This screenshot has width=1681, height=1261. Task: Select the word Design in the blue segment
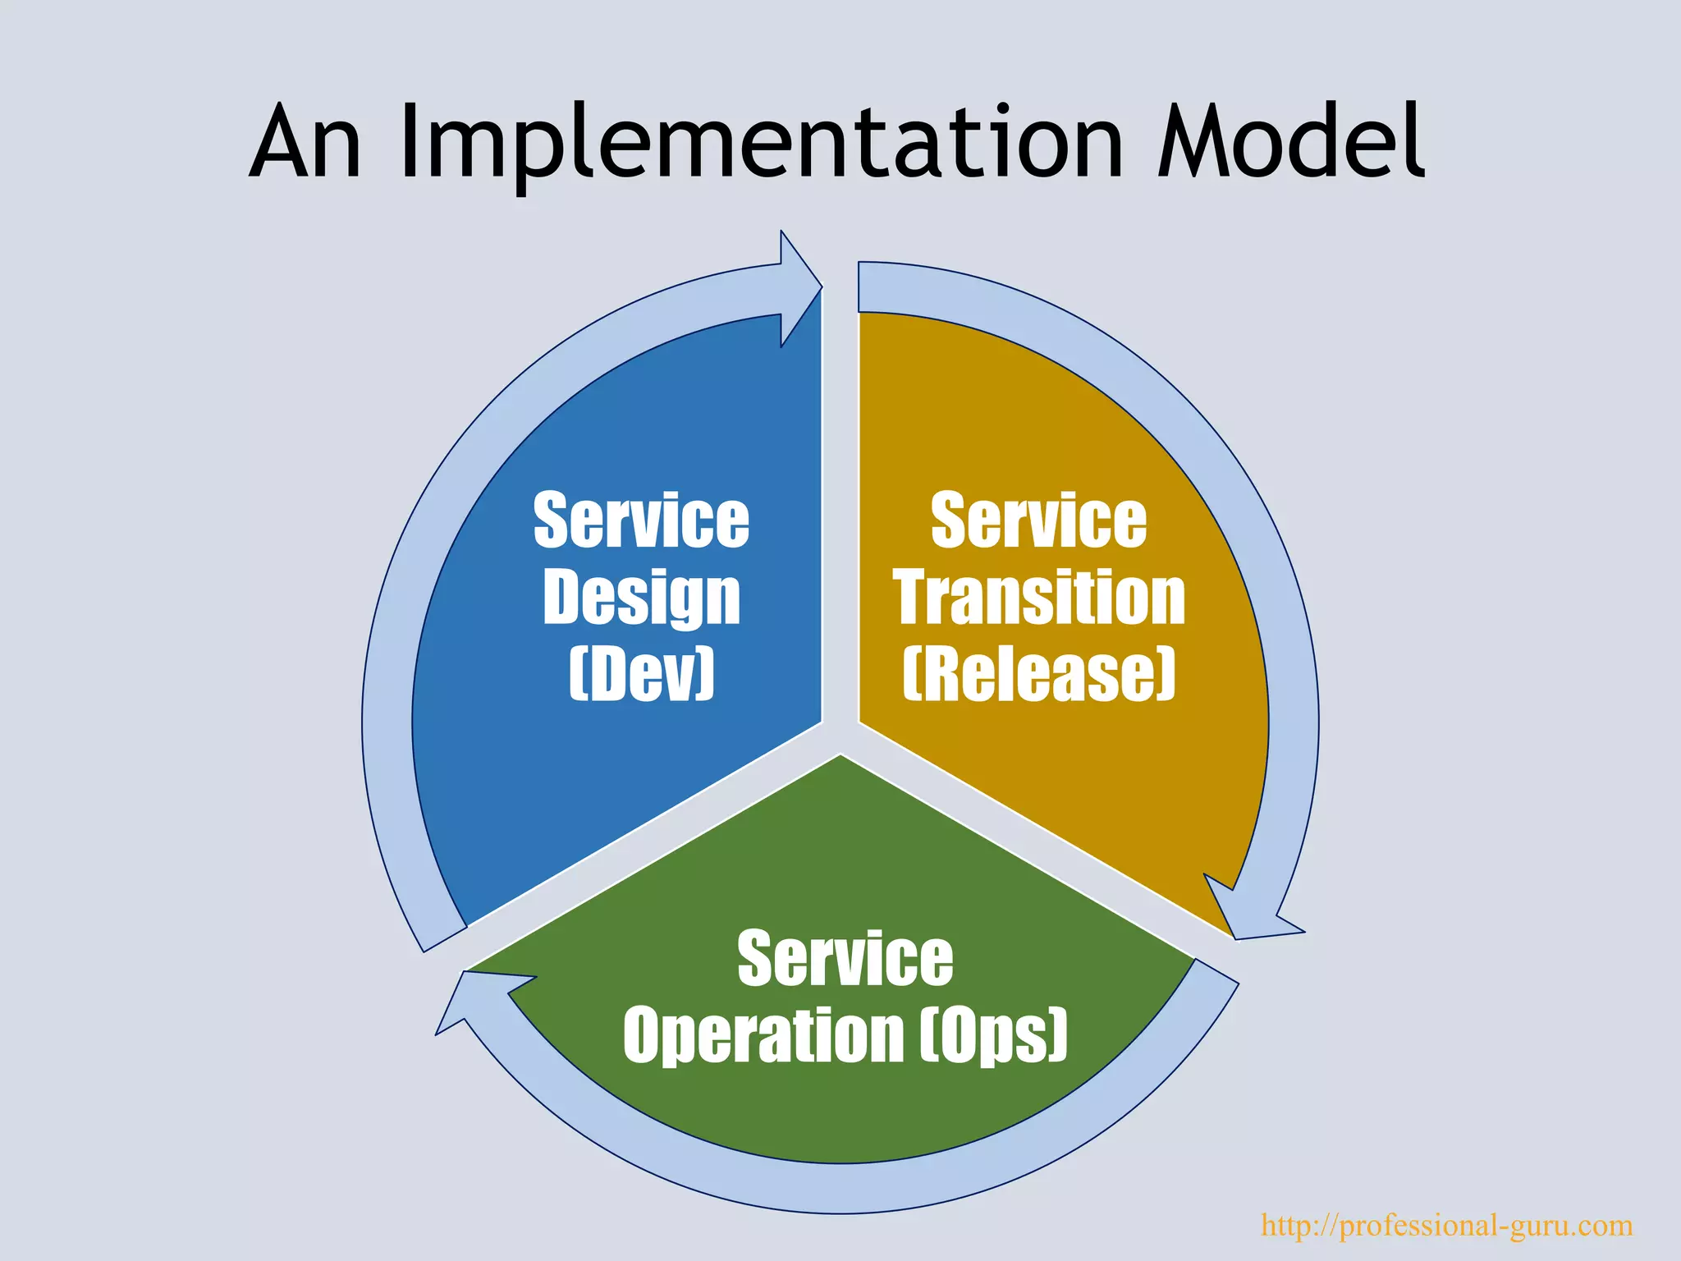(641, 598)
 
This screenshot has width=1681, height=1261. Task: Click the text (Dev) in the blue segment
(641, 674)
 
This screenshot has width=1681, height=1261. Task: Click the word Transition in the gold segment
(1039, 598)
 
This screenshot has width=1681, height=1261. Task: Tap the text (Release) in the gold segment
(1039, 674)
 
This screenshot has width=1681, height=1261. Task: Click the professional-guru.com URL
(1446, 1225)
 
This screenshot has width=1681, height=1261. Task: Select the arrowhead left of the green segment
(472, 997)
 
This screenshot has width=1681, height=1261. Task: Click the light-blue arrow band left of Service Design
(387, 722)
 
